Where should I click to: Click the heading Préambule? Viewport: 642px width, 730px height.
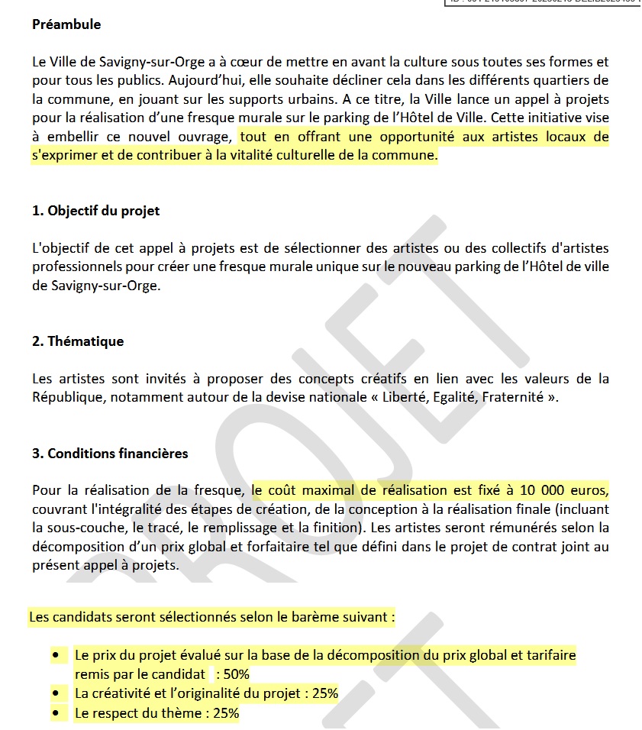pos(66,24)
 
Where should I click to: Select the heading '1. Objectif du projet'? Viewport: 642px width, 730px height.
pos(96,211)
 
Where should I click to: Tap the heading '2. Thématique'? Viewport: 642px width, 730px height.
pos(78,341)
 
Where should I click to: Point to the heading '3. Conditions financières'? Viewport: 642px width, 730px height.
pos(110,454)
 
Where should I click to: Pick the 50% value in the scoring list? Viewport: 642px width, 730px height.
pos(236,674)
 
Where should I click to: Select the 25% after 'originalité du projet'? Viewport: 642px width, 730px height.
pos(324,694)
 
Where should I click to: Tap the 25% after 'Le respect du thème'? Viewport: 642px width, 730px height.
pos(226,714)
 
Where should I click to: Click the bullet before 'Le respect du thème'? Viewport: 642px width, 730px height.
pos(56,714)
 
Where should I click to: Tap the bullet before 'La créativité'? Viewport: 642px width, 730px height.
pos(56,694)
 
